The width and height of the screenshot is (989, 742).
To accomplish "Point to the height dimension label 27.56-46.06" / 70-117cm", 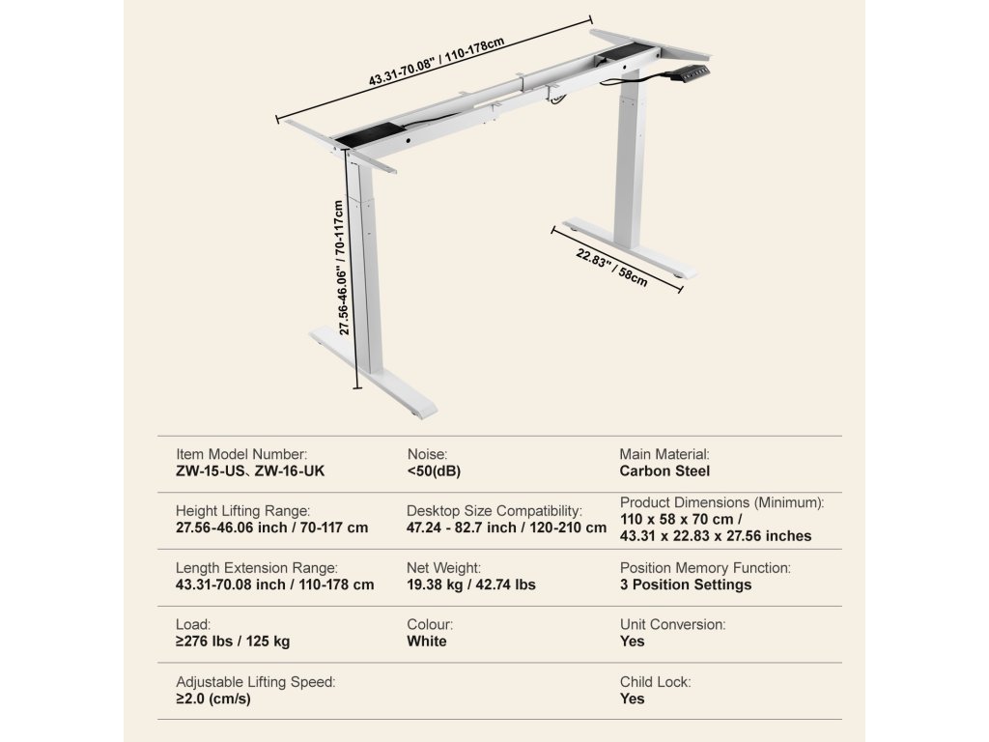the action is (340, 268).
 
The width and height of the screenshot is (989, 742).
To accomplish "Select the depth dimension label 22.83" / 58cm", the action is (612, 269).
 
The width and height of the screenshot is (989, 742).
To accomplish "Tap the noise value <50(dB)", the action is (435, 471).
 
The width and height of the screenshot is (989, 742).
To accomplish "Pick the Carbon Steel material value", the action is (664, 471).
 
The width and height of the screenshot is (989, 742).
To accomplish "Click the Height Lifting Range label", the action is (242, 510).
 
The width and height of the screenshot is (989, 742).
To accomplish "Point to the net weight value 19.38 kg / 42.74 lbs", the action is (471, 585).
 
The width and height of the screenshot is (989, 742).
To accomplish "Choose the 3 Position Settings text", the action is (686, 585).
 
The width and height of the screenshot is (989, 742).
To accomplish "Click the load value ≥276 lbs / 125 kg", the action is (233, 642).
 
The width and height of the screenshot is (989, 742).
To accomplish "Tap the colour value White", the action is (427, 642).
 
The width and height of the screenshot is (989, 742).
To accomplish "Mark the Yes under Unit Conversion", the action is (632, 642).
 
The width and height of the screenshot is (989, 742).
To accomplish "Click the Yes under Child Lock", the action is (632, 699).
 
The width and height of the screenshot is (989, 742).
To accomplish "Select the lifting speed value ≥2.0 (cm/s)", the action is (213, 699).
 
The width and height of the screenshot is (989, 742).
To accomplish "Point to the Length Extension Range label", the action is (257, 568).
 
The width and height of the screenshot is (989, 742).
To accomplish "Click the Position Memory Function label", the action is (705, 568).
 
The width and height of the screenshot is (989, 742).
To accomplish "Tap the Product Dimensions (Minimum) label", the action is (721, 502).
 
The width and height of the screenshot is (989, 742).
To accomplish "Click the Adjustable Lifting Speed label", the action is (256, 682).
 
